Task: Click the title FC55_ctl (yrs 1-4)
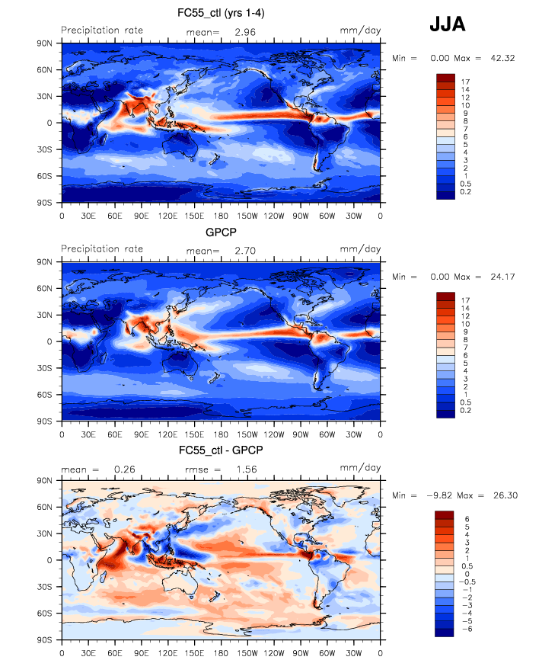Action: click(x=220, y=13)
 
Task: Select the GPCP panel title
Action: click(x=220, y=232)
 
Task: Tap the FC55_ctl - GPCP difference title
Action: click(x=220, y=450)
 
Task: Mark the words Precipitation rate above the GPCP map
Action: click(x=102, y=249)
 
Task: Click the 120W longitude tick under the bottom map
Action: click(x=274, y=652)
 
